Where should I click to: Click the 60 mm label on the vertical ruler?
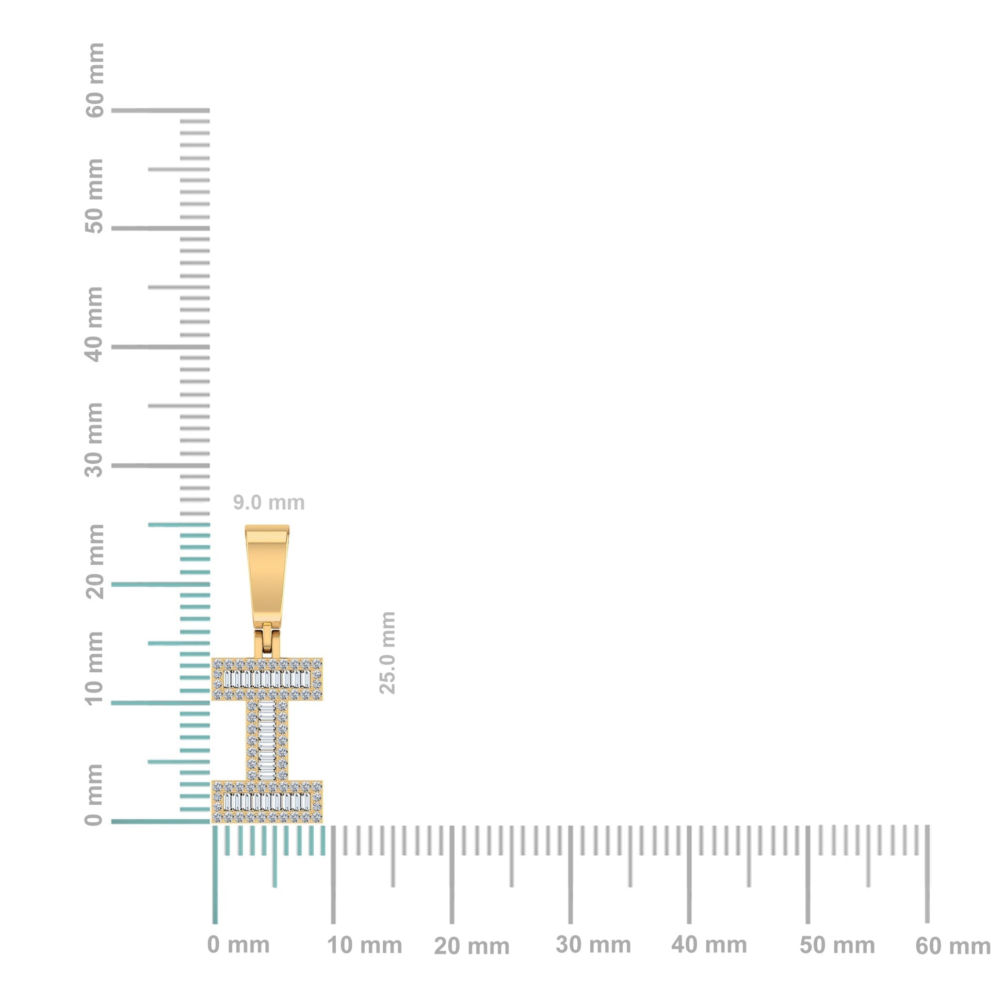(x=94, y=80)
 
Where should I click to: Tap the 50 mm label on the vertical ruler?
(x=94, y=196)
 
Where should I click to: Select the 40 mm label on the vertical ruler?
(x=94, y=325)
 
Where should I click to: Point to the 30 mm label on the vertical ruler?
(x=94, y=440)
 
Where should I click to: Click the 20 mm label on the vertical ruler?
(x=94, y=561)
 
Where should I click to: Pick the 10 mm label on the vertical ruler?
(x=94, y=668)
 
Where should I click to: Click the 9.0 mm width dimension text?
(x=268, y=503)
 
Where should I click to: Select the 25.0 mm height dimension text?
(x=387, y=653)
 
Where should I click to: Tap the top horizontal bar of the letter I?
(x=267, y=678)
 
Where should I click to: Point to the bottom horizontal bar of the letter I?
(x=267, y=801)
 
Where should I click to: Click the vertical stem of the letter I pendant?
(x=267, y=740)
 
